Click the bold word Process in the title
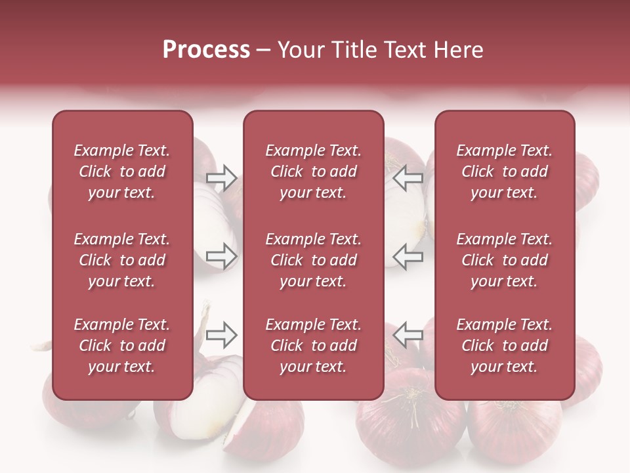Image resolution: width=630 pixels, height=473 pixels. pos(206,50)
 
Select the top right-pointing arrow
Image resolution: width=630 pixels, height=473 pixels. pos(222,177)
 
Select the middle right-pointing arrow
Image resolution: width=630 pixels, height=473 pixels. pos(222,256)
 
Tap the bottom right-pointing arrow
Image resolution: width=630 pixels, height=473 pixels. pos(222,335)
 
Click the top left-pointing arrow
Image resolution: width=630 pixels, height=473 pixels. pos(408,177)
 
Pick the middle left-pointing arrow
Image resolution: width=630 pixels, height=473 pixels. pos(408,256)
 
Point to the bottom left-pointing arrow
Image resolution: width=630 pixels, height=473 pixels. pos(408,335)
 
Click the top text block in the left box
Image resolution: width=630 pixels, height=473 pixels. pos(121,171)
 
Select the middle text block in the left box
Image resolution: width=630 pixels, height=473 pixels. pos(121,260)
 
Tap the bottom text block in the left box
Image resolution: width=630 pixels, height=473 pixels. pos(121,346)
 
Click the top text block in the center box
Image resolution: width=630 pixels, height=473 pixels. pos(313,171)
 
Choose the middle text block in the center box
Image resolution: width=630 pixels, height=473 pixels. pos(313,260)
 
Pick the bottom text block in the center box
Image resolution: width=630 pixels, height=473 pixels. pos(313,346)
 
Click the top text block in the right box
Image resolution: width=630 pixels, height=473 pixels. pos(504,171)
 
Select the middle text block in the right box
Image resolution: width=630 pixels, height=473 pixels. pos(504,260)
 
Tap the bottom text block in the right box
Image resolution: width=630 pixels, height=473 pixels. pos(504,346)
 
